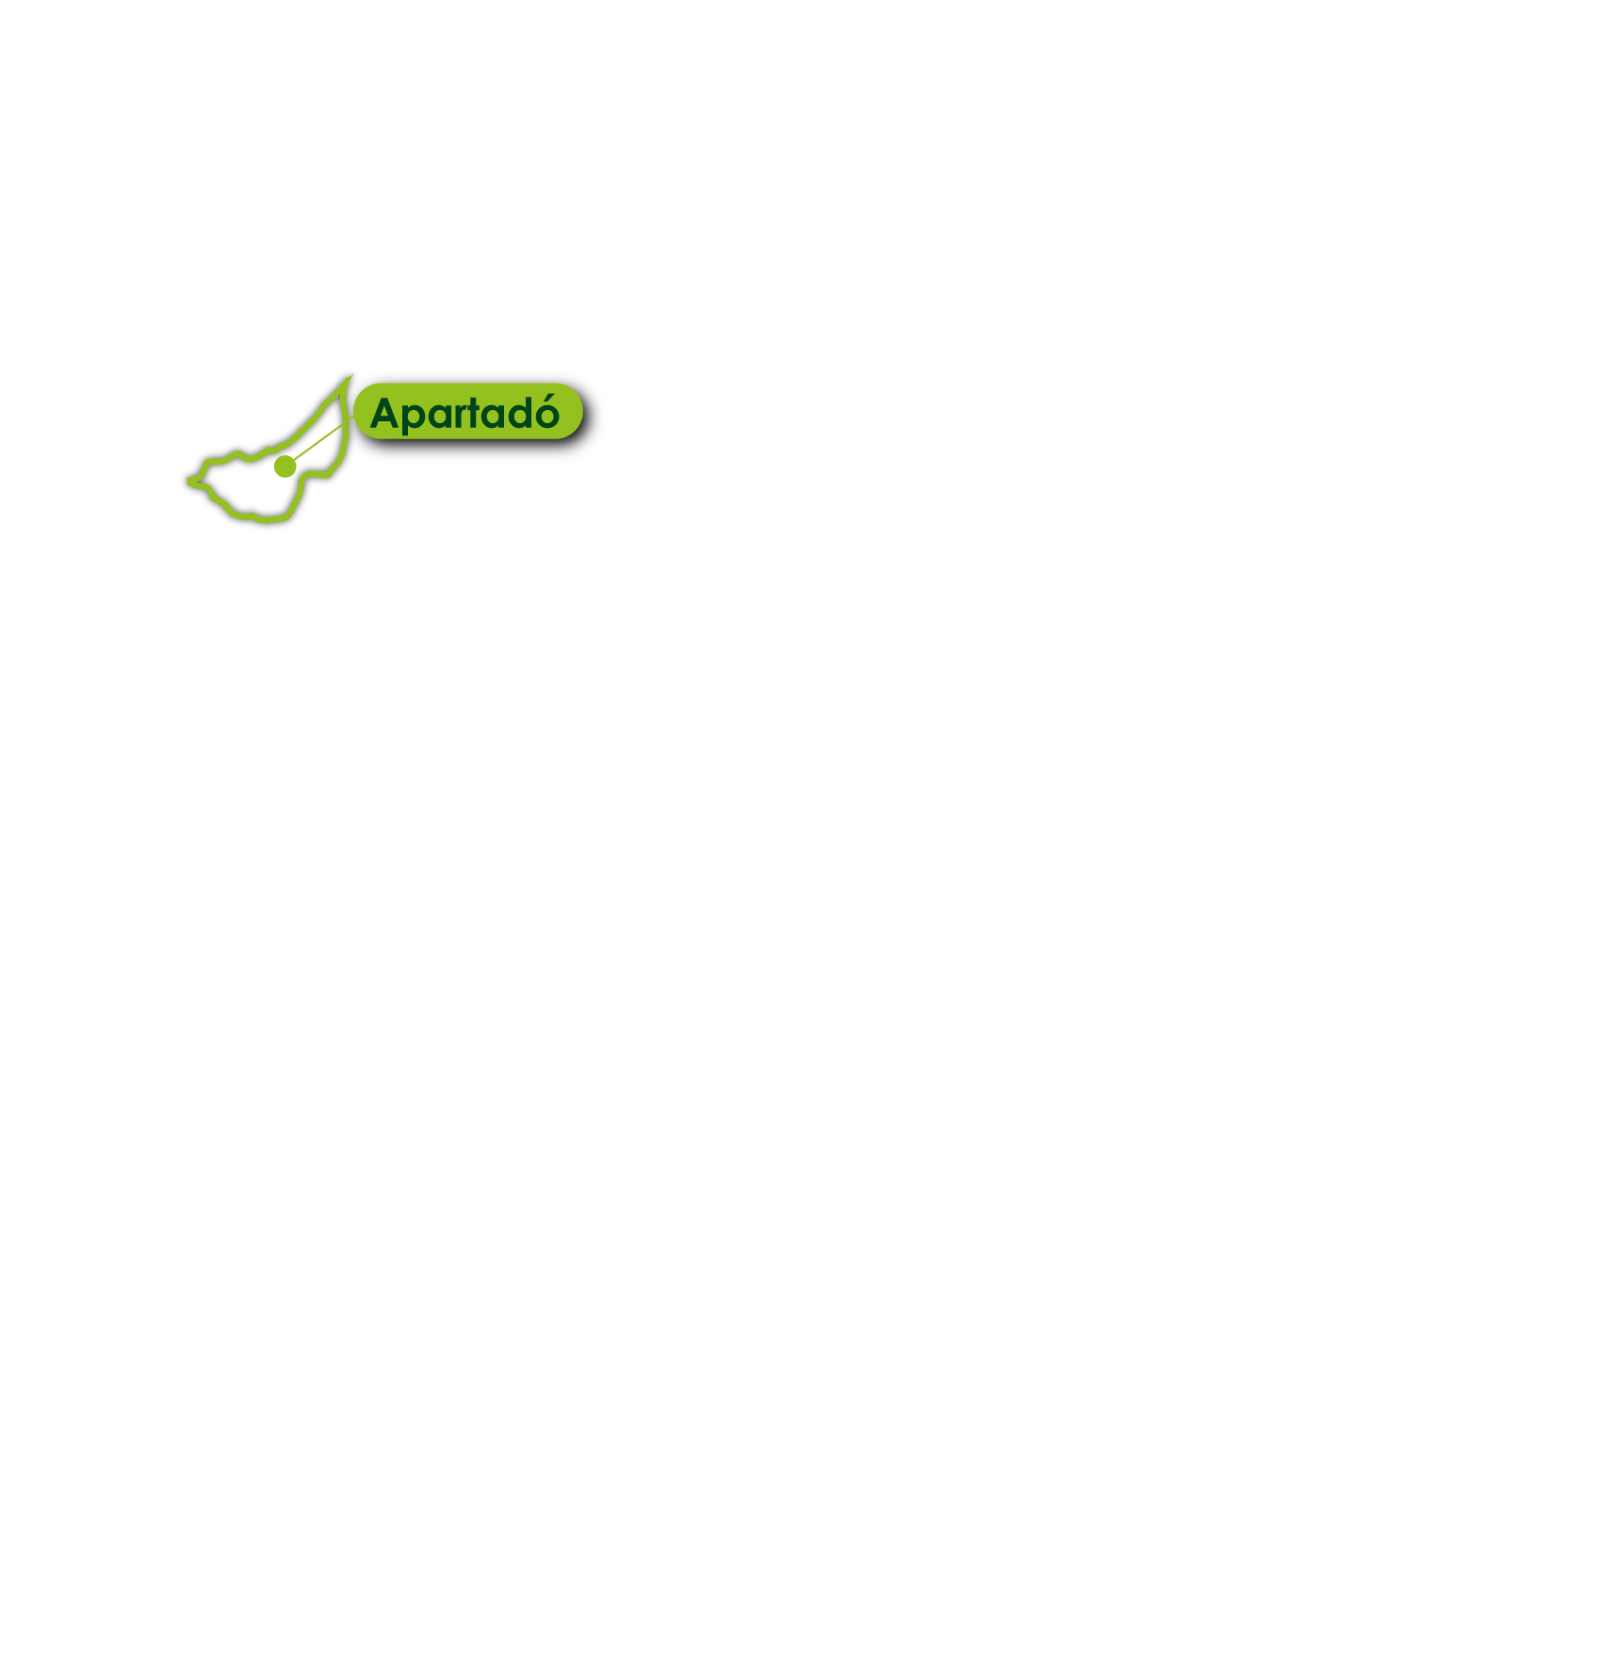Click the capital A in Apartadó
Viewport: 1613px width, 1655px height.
click(x=386, y=413)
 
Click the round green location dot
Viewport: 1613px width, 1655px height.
click(x=285, y=467)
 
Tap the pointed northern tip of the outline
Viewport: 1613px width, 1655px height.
click(x=351, y=376)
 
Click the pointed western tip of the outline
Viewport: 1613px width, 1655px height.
click(x=188, y=482)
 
